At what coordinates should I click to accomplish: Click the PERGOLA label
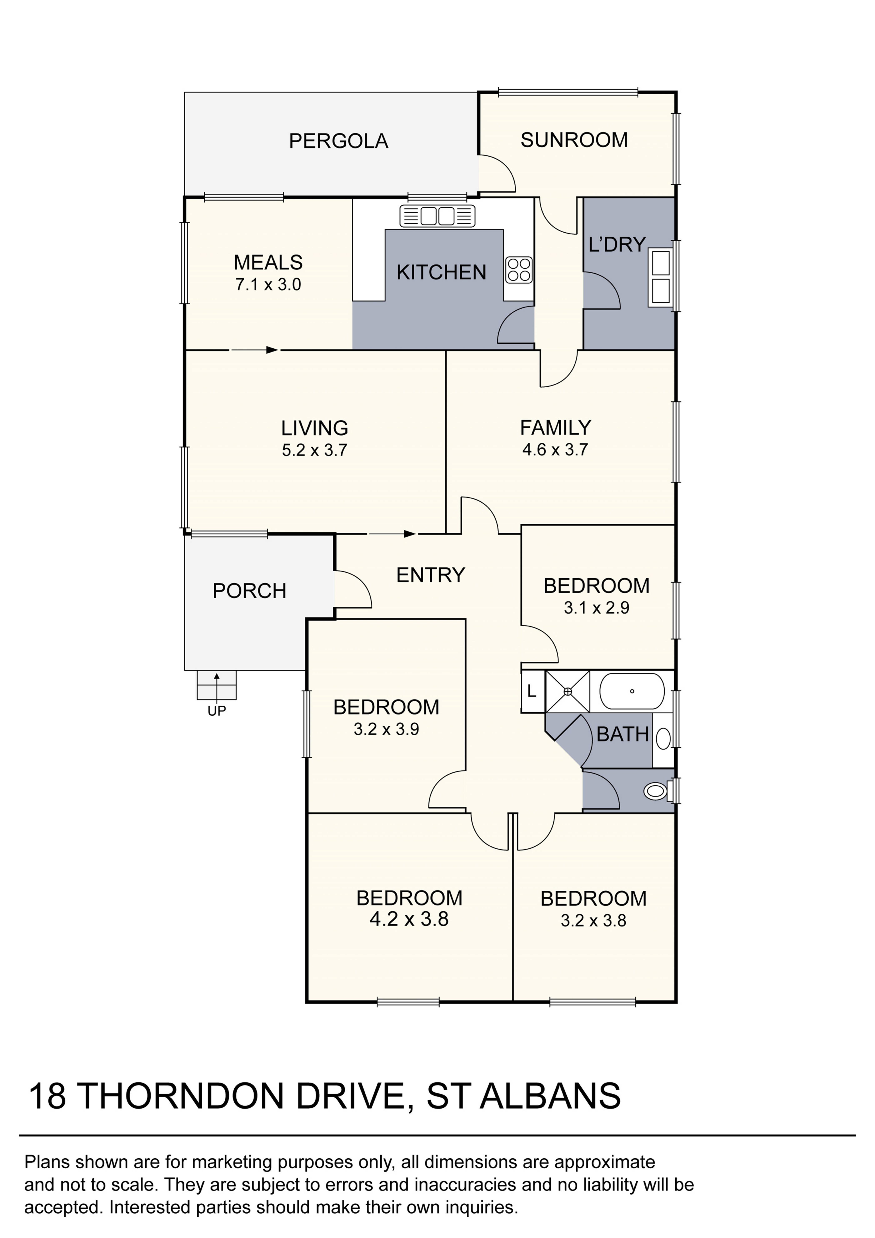339,141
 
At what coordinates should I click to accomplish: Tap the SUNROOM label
574,140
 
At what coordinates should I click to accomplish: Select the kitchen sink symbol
437,216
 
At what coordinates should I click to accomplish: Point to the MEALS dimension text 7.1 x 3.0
268,285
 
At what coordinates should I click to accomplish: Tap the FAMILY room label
555,428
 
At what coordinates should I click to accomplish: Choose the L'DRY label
617,245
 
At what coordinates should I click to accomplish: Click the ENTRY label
431,575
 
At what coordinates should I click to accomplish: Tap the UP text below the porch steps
217,711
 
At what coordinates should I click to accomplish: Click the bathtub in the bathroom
632,691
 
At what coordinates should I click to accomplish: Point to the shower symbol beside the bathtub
568,691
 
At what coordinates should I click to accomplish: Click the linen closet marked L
532,691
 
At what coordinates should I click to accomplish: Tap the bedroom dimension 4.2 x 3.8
409,919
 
